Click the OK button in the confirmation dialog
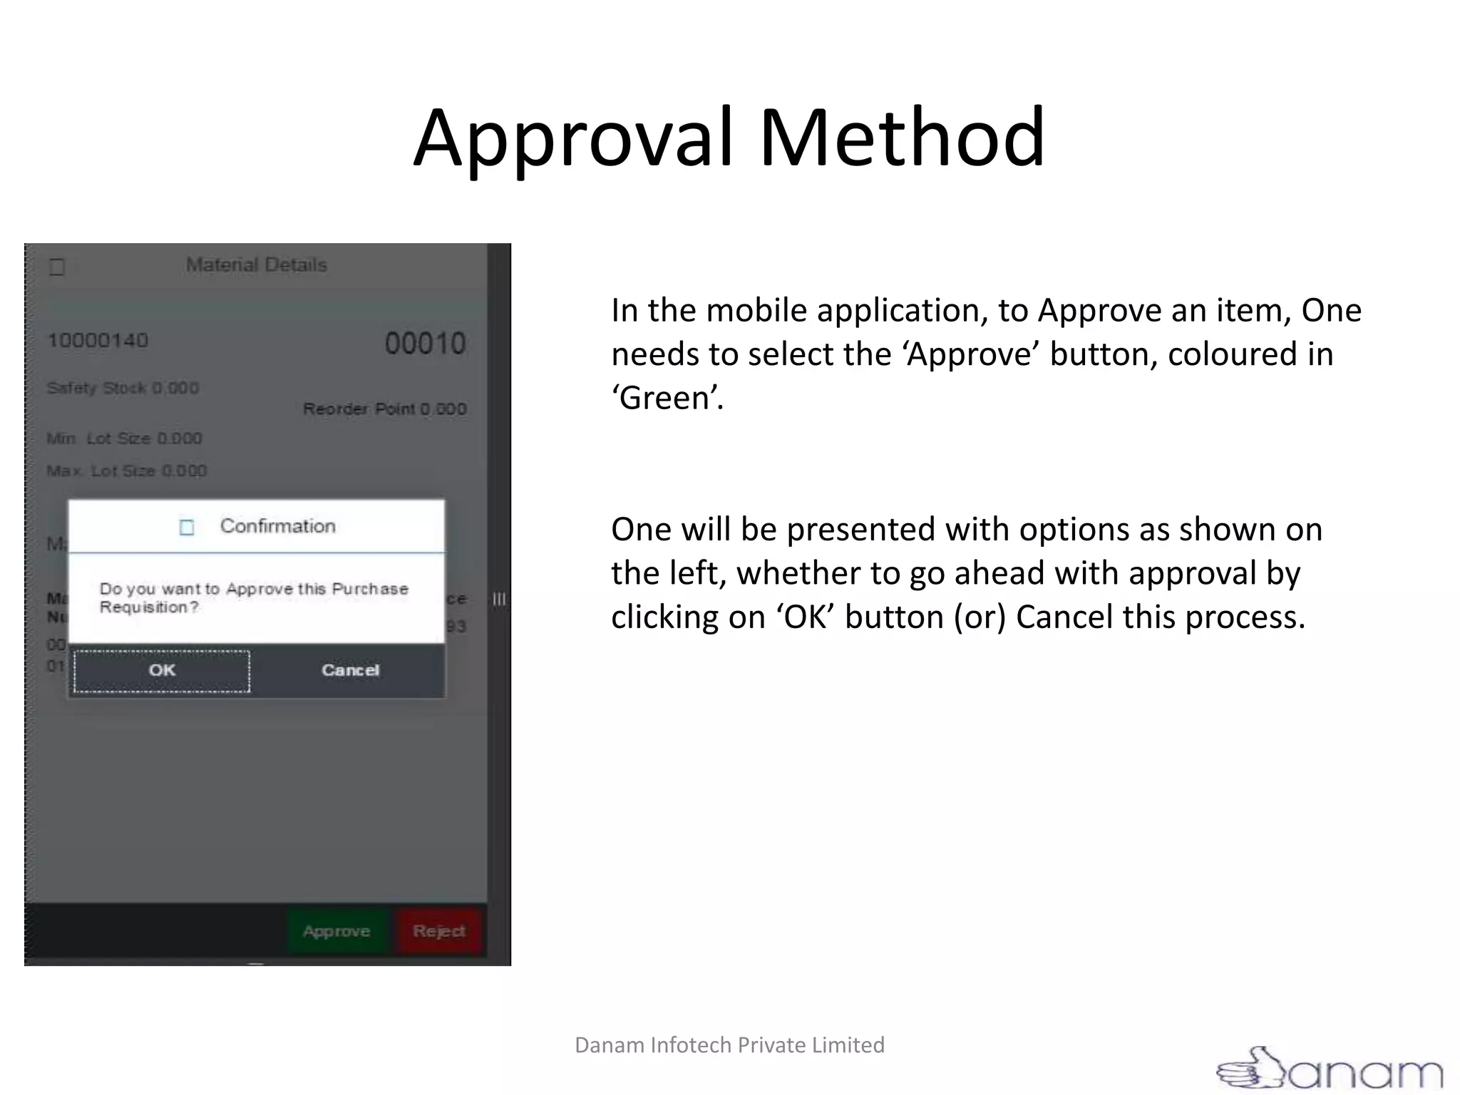(162, 671)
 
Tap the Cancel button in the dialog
(350, 671)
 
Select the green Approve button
(336, 931)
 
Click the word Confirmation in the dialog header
(277, 526)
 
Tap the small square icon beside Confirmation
(187, 528)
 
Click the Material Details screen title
(257, 265)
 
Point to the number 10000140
(98, 341)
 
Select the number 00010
(425, 344)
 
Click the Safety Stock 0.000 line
(123, 389)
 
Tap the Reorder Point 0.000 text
(385, 409)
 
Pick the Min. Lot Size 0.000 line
(124, 438)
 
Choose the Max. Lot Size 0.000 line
(126, 471)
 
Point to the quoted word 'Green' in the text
(667, 398)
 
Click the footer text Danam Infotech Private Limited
(729, 1045)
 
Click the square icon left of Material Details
(57, 267)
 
